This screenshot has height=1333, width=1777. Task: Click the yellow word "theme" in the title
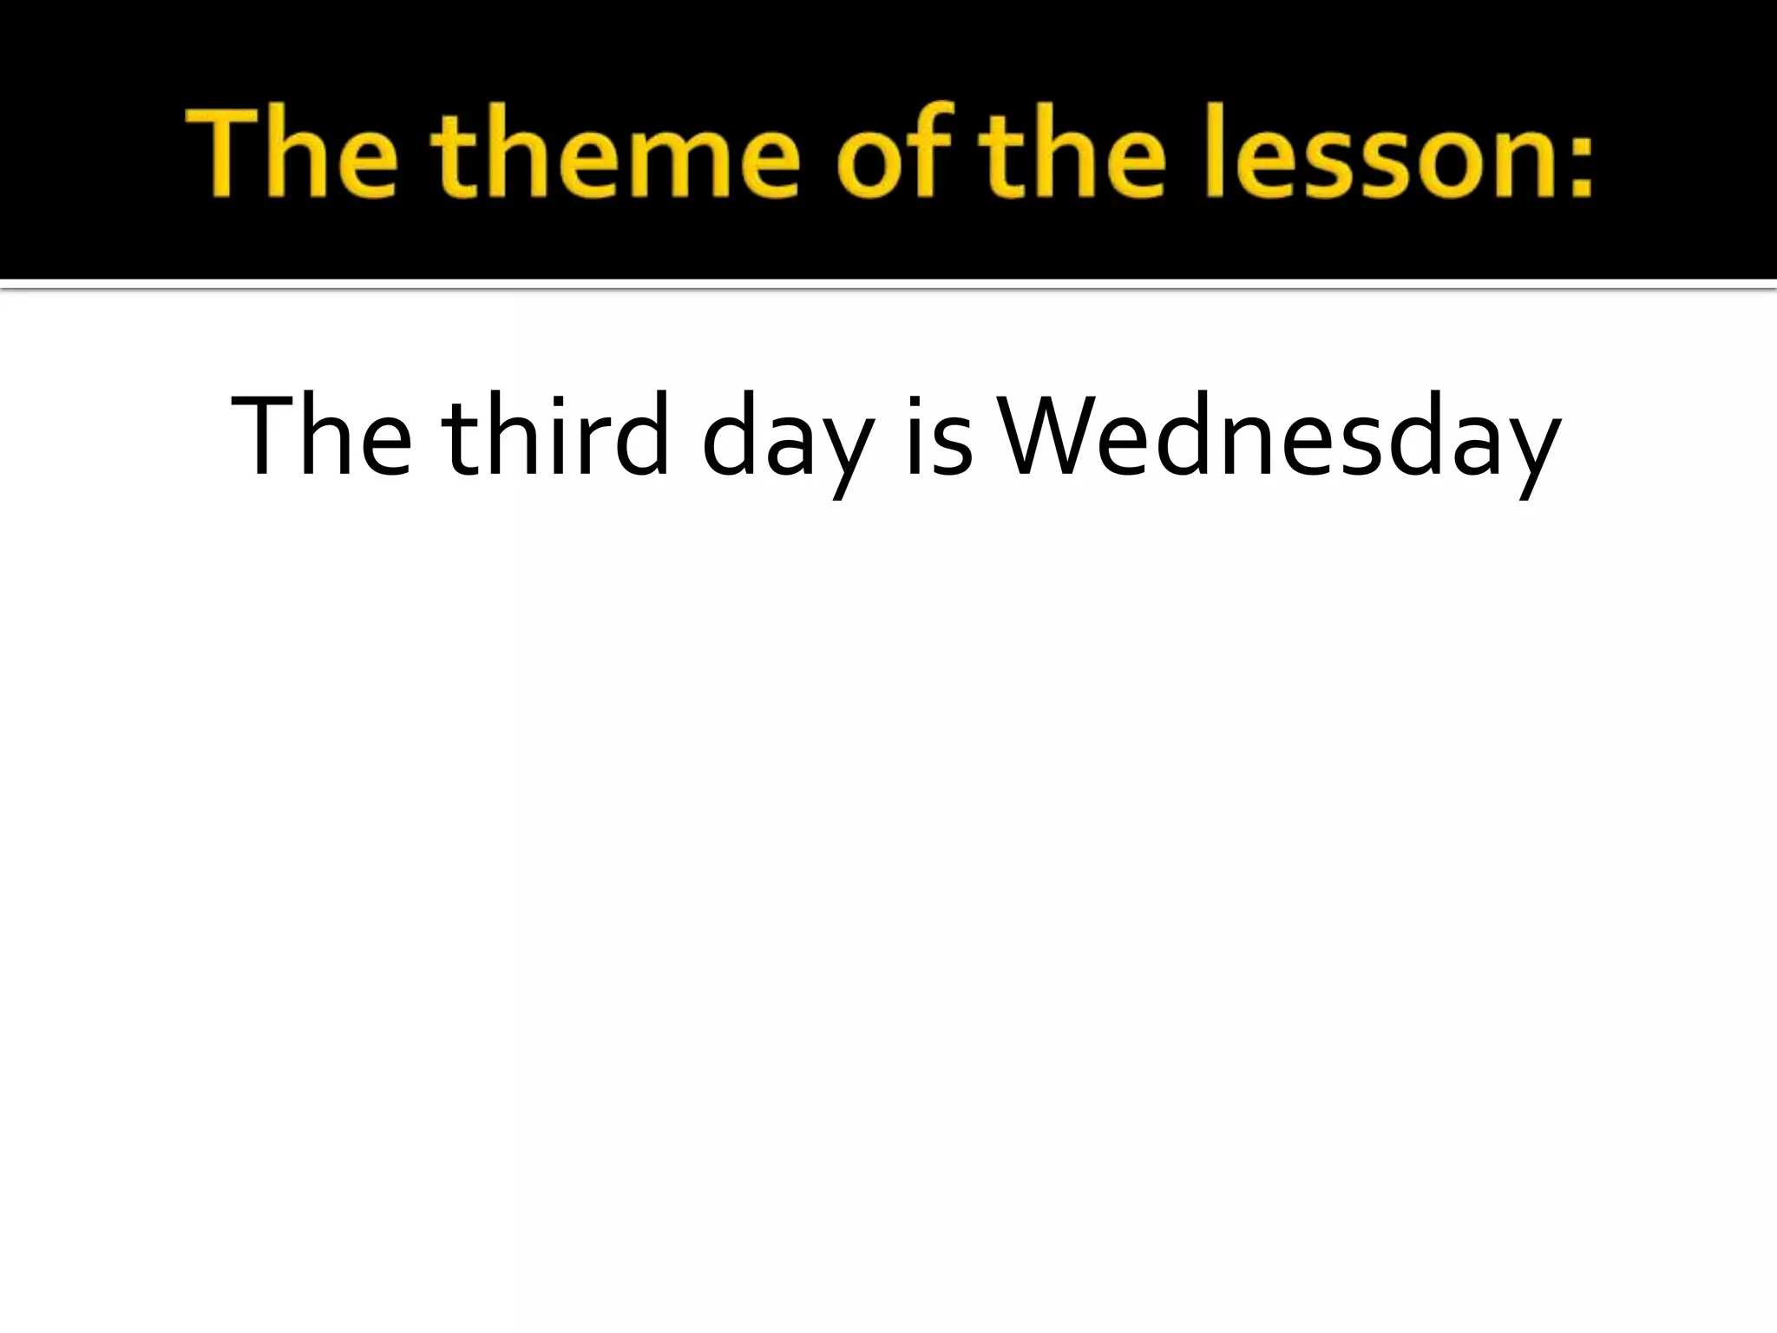(614, 156)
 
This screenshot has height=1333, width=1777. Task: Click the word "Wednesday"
(1280, 438)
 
